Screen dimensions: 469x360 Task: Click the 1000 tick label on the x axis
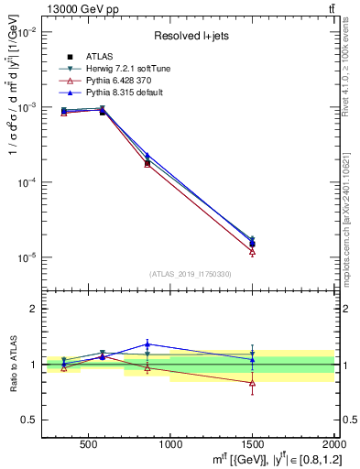click(x=170, y=446)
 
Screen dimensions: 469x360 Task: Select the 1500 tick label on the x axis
click(x=252, y=446)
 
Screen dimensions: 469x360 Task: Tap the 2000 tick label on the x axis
click(x=332, y=446)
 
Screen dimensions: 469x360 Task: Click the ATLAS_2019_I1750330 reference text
click(x=191, y=273)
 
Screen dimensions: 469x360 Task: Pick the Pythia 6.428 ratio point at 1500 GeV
click(x=252, y=383)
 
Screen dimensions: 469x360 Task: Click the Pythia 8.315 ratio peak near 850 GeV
click(x=147, y=344)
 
